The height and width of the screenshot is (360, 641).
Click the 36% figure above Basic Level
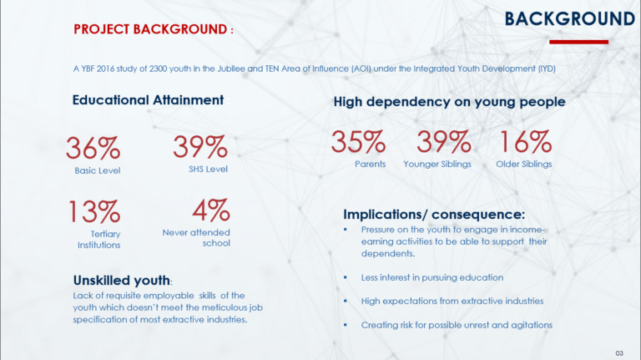point(93,148)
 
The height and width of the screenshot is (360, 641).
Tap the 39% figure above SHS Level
point(200,146)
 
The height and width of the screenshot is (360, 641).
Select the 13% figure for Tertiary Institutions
point(94,211)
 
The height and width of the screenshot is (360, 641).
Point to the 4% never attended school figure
point(211,210)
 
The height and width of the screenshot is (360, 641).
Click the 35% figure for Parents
point(358,141)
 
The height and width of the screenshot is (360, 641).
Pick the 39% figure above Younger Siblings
point(444,141)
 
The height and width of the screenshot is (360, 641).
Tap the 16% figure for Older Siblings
point(525,141)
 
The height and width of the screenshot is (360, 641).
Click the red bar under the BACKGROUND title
point(579,42)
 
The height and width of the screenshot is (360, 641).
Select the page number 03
point(619,353)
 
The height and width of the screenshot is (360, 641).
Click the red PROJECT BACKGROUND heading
point(154,29)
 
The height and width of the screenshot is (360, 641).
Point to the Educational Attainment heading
point(148,100)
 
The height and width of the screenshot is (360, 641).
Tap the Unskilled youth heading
point(122,280)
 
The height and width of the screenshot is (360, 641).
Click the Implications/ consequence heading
point(434,215)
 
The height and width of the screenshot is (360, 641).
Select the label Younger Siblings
point(437,164)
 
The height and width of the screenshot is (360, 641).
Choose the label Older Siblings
point(524,164)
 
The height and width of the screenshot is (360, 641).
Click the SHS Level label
point(208,169)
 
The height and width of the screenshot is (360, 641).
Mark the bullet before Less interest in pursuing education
point(346,277)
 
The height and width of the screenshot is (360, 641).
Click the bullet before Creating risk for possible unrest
point(346,325)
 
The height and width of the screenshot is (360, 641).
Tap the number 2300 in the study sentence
point(159,68)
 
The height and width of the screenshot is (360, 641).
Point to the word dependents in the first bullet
point(388,254)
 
